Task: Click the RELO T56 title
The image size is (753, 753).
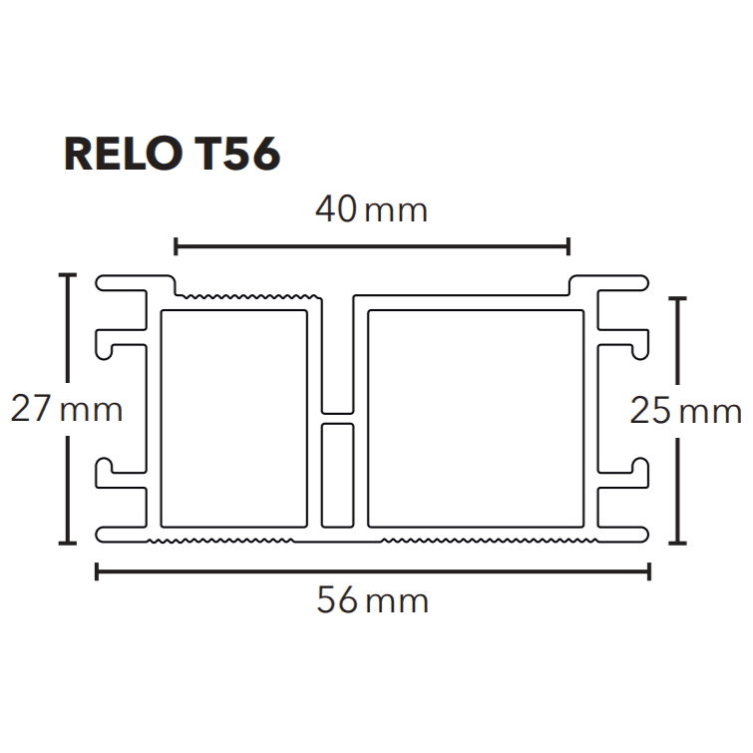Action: point(172,154)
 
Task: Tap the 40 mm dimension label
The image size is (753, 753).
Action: point(371,209)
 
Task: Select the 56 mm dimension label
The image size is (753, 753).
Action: point(372,600)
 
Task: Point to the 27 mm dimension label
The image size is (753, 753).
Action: point(66,409)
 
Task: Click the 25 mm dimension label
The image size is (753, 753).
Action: point(686,411)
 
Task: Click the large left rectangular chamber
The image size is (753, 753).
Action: point(233,418)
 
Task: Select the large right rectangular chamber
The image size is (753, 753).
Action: point(476,418)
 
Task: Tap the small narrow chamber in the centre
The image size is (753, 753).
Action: point(337,475)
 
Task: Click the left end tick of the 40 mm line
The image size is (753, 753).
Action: point(176,246)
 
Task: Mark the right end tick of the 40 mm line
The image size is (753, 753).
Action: point(568,246)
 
